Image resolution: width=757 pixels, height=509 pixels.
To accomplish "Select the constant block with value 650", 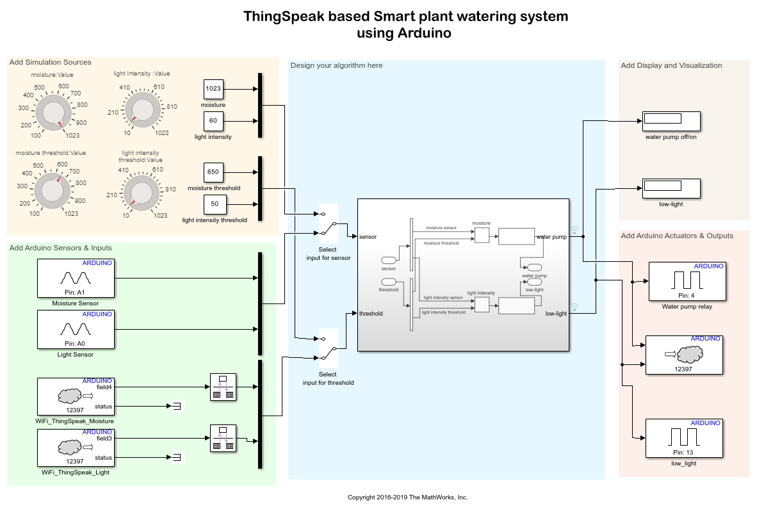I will pos(213,172).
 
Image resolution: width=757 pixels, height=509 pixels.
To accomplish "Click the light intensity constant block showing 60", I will pos(213,120).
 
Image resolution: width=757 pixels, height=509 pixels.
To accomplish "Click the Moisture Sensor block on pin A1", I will pos(76,278).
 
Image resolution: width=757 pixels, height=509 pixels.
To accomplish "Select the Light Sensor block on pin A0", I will pos(76,329).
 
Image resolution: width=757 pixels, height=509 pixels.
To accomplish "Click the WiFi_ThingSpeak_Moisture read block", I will pos(76,396).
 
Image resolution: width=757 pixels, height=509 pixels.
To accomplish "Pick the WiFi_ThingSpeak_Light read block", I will pos(76,448).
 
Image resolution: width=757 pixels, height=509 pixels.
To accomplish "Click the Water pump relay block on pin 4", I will pos(687,281).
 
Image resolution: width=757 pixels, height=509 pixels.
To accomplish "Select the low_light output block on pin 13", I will pos(683,438).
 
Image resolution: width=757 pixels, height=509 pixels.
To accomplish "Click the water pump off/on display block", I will pos(671,120).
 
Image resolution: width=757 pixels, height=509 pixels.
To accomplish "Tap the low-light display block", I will pos(671,188).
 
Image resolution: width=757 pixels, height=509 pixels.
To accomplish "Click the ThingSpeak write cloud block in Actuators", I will pos(683,354).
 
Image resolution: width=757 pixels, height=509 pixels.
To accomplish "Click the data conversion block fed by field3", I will pos(223,439).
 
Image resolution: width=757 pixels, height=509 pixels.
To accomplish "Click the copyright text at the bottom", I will pos(407,497).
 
